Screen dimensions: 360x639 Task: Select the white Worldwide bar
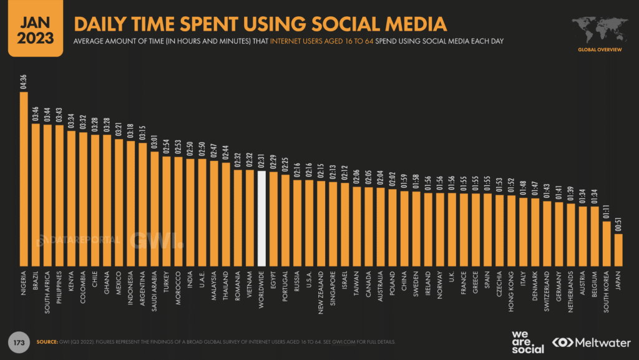262,218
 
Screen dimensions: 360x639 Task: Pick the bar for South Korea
607,243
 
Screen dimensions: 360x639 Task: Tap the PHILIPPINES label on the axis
59,289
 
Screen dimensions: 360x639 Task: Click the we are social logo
527,341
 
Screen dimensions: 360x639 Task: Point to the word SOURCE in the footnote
47,341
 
